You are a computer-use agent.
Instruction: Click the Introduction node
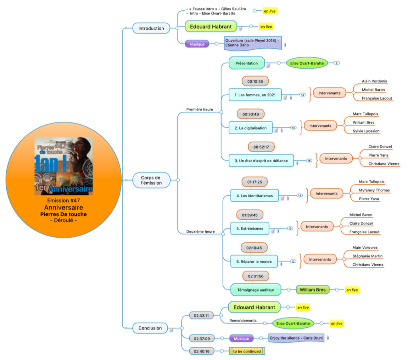click(151, 28)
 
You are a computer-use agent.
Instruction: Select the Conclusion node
click(150, 328)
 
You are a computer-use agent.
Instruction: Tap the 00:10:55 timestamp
click(255, 81)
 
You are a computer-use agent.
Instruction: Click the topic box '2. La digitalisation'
click(251, 128)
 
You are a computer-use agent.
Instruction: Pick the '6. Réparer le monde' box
click(254, 262)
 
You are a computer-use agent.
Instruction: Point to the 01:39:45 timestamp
click(250, 215)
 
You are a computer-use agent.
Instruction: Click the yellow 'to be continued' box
click(247, 351)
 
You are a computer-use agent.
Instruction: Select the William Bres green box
click(312, 290)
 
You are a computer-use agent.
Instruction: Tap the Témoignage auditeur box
click(256, 290)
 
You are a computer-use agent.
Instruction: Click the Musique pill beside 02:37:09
click(241, 338)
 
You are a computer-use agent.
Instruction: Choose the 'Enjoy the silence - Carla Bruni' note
click(296, 338)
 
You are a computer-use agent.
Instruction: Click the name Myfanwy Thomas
click(374, 190)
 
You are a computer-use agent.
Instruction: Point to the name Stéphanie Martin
click(367, 256)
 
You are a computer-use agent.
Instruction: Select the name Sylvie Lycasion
click(366, 131)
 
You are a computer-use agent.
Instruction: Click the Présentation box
click(247, 63)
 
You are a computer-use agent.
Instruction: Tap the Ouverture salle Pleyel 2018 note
click(253, 43)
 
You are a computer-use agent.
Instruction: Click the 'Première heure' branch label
click(200, 109)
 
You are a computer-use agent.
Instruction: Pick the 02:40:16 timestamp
click(202, 351)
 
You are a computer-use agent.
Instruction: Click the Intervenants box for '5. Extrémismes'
click(317, 226)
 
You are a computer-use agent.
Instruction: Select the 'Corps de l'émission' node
click(151, 180)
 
